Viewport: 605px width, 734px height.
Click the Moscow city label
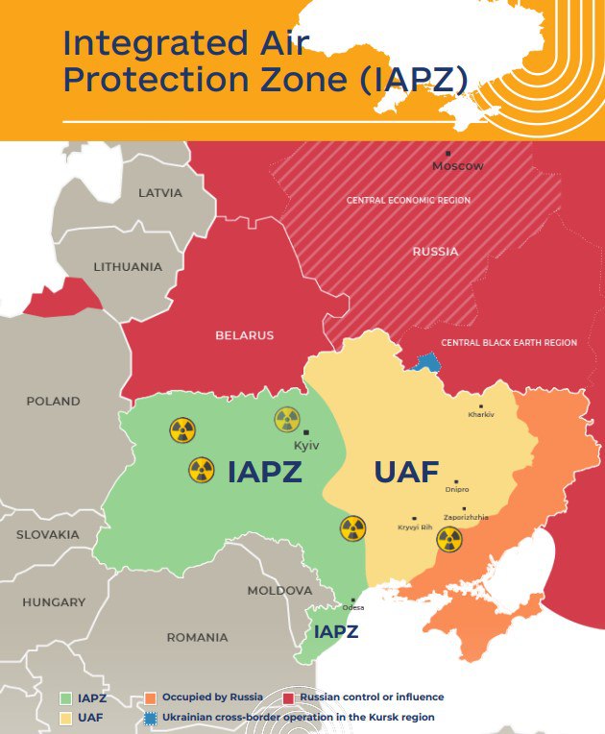click(x=457, y=166)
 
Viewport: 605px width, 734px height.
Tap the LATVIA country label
click(x=159, y=192)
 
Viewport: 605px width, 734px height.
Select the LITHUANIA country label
click(x=128, y=266)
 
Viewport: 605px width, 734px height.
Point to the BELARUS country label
click(x=244, y=335)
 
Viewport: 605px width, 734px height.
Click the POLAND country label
click(x=53, y=401)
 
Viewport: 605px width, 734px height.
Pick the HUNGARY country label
click(x=54, y=602)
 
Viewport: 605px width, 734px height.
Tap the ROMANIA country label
click(x=197, y=637)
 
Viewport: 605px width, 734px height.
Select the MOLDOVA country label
click(x=279, y=591)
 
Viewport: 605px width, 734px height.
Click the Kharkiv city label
click(x=480, y=414)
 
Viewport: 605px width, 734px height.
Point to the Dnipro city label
click(x=457, y=490)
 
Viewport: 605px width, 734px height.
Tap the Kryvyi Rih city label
click(x=415, y=526)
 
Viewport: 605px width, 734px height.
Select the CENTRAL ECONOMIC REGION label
click(x=408, y=200)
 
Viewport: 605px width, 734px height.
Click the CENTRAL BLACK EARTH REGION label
click(x=508, y=343)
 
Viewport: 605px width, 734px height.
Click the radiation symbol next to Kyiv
click(x=287, y=419)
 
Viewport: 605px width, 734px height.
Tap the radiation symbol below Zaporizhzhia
click(x=449, y=539)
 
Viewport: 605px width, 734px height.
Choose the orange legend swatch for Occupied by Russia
click(x=150, y=697)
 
